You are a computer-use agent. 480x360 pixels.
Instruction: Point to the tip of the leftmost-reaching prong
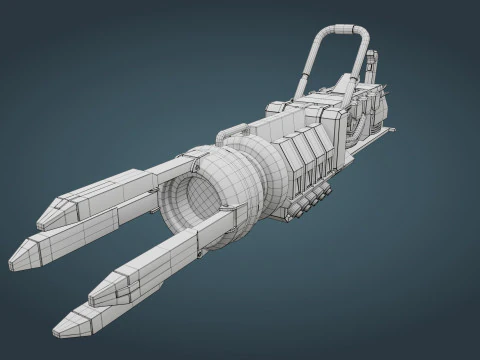click(13, 262)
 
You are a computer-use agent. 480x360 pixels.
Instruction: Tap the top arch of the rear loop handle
click(341, 30)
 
